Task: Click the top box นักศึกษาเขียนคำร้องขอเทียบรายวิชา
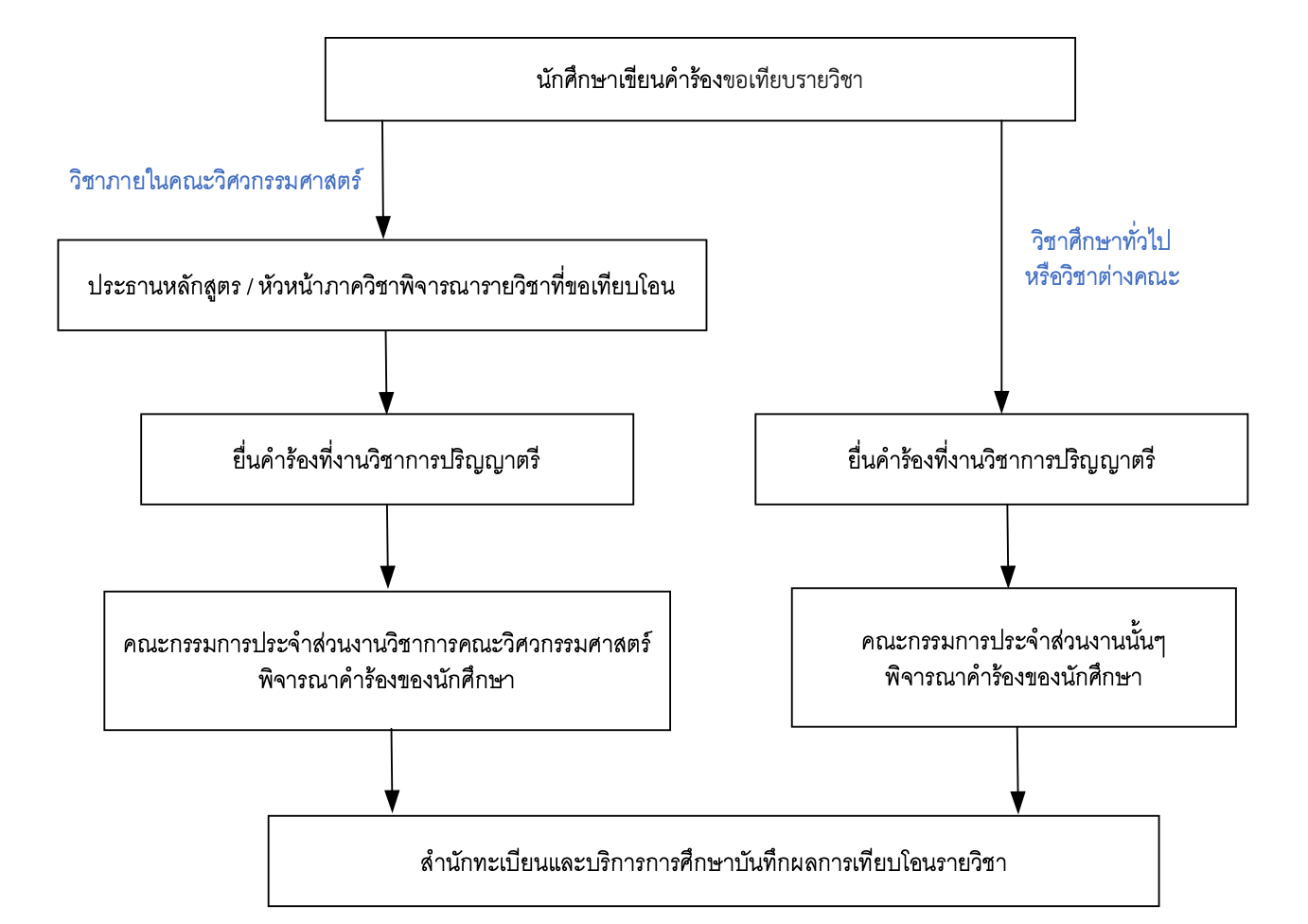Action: (699, 80)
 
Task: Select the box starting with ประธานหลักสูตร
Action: (381, 285)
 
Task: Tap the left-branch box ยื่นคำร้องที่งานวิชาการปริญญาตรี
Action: (386, 459)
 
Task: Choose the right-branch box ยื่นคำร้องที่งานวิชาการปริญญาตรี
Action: (1000, 459)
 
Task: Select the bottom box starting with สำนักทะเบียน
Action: (713, 862)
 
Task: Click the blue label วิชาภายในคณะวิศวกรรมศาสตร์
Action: (216, 180)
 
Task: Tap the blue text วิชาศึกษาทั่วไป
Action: (1101, 240)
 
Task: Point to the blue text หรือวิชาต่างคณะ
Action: (1103, 276)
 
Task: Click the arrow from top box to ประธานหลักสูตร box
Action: (382, 180)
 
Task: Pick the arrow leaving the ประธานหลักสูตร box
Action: (386, 372)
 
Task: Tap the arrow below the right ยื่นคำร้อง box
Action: (1008, 546)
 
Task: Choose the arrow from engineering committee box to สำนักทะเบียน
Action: (392, 772)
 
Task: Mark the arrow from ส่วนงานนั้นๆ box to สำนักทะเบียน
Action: (1017, 771)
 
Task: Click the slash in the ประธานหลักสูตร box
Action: (249, 287)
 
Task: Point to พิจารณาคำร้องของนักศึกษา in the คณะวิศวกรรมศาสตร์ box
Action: (386, 680)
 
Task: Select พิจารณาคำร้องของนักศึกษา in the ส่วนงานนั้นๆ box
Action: (1013, 678)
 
